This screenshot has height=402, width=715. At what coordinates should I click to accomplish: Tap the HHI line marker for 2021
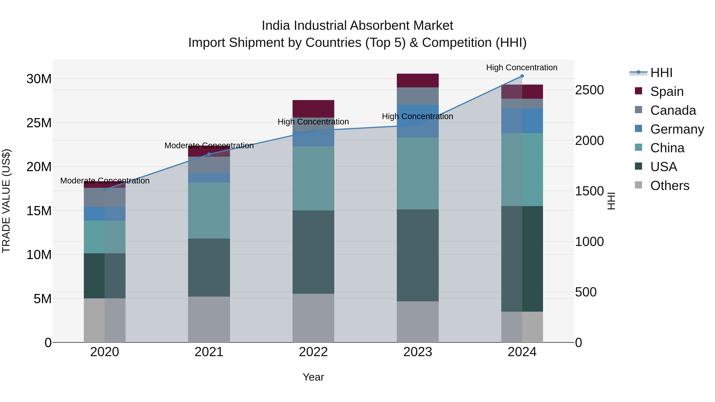click(x=209, y=154)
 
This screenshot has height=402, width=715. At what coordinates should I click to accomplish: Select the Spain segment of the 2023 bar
click(x=417, y=80)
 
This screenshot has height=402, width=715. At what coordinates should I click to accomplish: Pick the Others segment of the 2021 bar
click(x=209, y=319)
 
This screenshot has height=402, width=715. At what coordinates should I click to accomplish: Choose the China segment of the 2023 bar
click(x=417, y=173)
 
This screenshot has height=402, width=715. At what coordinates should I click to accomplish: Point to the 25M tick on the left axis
click(x=39, y=123)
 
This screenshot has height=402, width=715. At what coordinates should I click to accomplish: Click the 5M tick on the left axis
click(x=42, y=299)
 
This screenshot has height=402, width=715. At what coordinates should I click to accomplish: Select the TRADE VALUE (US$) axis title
click(x=6, y=201)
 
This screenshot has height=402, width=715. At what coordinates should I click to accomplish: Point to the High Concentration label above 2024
click(x=522, y=67)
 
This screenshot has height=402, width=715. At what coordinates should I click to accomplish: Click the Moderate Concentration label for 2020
click(x=105, y=181)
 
